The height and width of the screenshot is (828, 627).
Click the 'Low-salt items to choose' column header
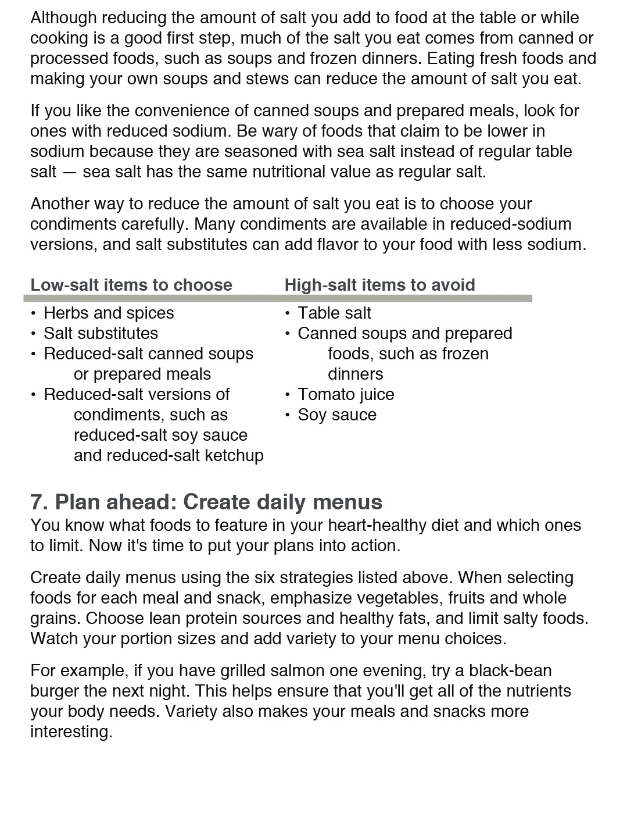131,285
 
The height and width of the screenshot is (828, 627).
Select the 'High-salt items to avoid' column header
379,285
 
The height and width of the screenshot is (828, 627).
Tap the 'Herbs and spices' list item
109,313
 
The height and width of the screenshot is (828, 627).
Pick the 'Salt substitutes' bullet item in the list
101,333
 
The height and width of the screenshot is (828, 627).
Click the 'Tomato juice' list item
346,394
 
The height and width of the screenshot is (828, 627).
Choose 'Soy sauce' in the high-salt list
337,415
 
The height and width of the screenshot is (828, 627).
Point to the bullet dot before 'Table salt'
288,313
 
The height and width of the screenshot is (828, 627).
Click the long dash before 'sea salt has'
69,172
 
